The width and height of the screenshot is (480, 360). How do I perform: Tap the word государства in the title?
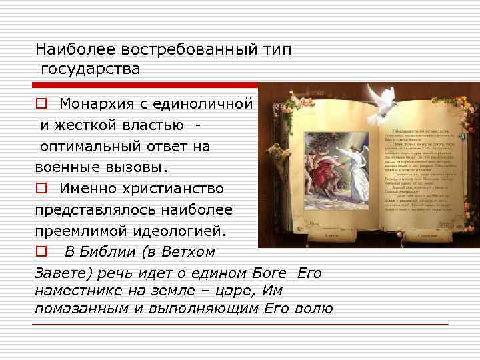coord(90,69)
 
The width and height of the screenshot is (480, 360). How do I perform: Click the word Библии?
coord(111,253)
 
